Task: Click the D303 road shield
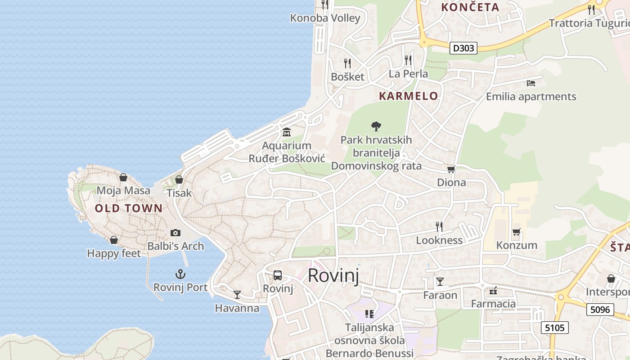[x=463, y=48]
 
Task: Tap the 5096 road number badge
[x=600, y=310]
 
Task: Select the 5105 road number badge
[x=554, y=328]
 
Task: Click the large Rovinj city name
[x=333, y=275]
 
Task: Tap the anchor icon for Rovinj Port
[x=180, y=274]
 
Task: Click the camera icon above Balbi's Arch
[x=175, y=233]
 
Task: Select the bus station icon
[x=278, y=275]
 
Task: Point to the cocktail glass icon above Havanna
[x=237, y=295]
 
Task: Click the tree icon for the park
[x=376, y=126]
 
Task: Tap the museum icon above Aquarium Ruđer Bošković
[x=287, y=132]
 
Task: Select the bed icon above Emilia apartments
[x=531, y=83]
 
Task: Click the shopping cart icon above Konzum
[x=517, y=232]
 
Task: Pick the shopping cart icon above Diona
[x=451, y=170]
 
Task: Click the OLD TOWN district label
[x=129, y=208]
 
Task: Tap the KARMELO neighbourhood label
[x=409, y=96]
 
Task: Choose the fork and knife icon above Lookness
[x=439, y=227]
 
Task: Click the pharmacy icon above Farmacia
[x=493, y=291]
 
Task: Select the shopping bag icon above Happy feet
[x=114, y=240]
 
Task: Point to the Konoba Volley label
[x=325, y=18]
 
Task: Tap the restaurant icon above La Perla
[x=408, y=60]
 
